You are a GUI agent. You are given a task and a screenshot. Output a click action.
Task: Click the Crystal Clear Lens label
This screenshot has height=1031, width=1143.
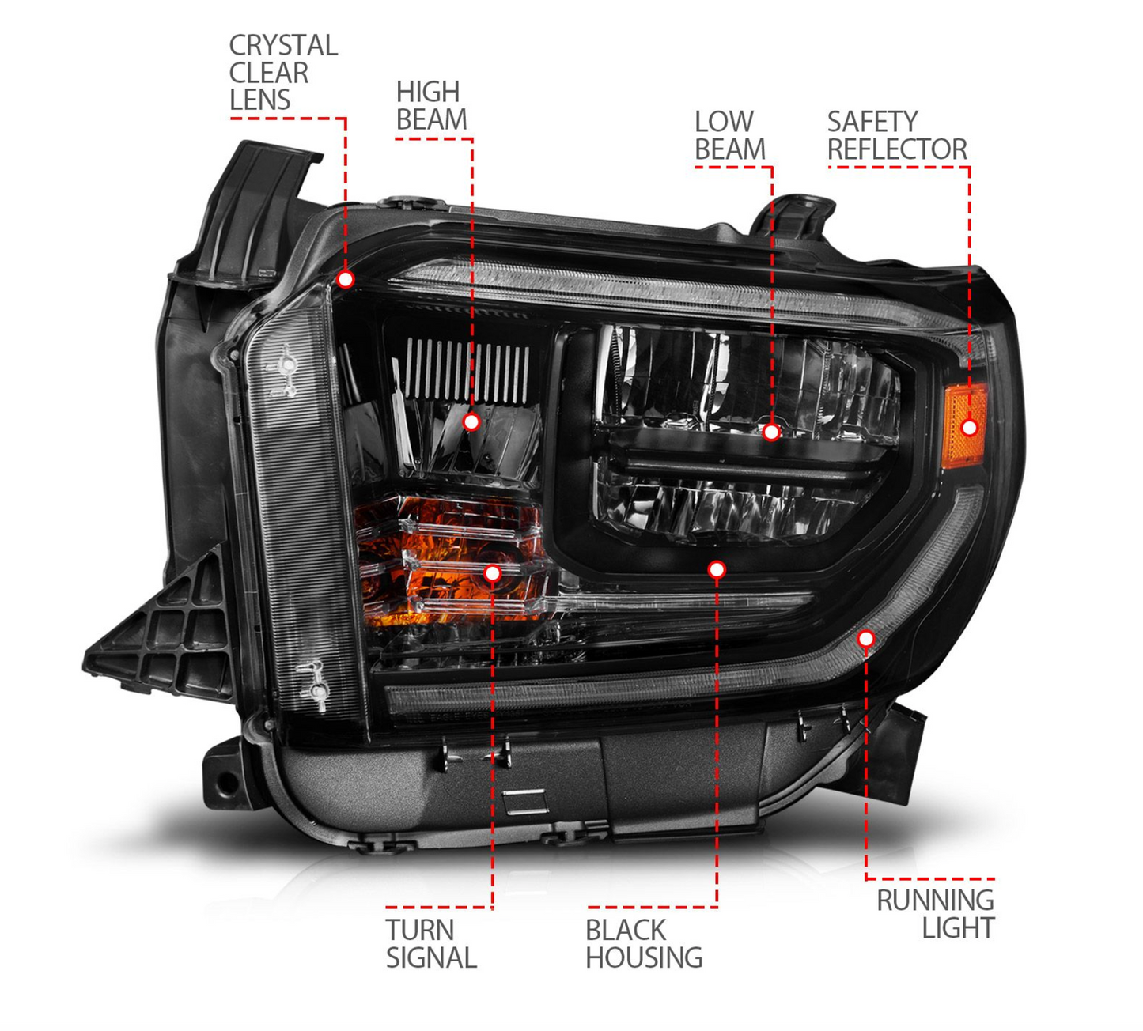pos(282,73)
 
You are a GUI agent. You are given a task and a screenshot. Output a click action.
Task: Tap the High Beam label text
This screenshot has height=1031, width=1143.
pos(431,105)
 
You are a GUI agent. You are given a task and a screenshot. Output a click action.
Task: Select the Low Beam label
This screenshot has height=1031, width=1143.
pos(729,135)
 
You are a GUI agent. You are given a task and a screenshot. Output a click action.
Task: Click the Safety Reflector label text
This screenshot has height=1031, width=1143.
pos(896,135)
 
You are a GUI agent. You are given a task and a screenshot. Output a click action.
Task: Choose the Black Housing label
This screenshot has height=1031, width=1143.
pos(643,944)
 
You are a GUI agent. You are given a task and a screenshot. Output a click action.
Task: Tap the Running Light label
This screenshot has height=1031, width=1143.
pos(935,914)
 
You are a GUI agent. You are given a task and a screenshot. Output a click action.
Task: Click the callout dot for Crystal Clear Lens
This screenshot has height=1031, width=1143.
pos(346,279)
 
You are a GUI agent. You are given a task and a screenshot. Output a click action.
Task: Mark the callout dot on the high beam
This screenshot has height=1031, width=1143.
pos(471,422)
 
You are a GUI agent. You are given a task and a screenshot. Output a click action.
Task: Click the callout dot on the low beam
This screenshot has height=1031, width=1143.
pos(771,432)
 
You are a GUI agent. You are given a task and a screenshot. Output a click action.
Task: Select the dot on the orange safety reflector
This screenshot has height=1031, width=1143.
pos(969,428)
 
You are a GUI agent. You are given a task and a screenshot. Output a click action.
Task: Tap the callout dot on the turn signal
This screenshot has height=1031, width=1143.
pos(492,573)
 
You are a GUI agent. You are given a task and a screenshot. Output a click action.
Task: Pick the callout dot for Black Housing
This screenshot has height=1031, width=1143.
pos(717,569)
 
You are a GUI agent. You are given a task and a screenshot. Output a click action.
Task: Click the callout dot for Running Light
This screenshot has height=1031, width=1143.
pos(866,638)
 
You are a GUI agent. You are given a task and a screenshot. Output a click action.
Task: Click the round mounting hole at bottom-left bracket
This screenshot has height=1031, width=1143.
pos(226,784)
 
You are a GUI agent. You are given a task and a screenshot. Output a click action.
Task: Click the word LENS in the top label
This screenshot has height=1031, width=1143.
pos(259,100)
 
